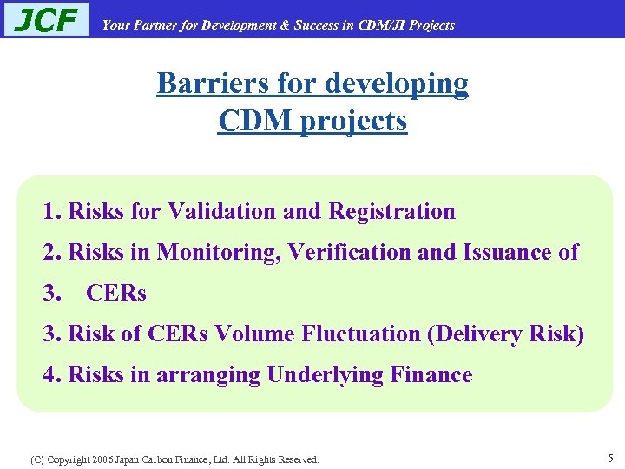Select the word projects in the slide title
[353, 121]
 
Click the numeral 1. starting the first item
[52, 211]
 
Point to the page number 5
[611, 457]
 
